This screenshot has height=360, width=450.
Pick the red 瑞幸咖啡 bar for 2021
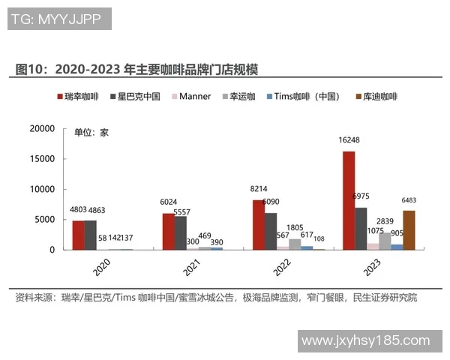[x=168, y=231]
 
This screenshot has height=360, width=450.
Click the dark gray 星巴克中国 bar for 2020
[x=90, y=235]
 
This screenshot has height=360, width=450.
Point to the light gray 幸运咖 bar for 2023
[x=385, y=241]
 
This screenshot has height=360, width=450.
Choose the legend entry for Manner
[x=191, y=97]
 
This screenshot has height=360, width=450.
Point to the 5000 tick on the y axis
[x=46, y=220]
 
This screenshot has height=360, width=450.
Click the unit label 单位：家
[x=91, y=133]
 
